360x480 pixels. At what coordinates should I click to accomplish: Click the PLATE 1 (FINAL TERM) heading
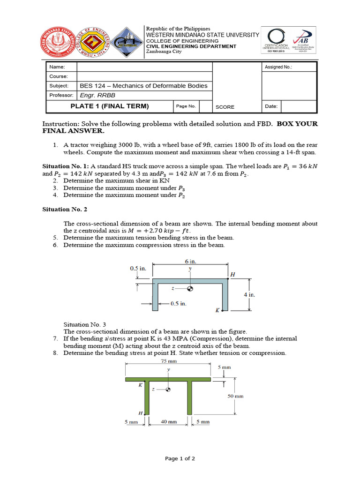(109, 106)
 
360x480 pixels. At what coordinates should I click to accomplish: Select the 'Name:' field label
(56, 67)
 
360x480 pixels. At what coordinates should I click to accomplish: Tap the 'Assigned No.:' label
(278, 67)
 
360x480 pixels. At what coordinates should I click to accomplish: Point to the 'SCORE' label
(225, 107)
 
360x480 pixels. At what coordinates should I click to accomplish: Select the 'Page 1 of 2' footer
(180, 458)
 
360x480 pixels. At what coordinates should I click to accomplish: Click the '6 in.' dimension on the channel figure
(190, 262)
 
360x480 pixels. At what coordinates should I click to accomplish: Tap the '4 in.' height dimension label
(249, 295)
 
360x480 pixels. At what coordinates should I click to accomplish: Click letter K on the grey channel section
(217, 310)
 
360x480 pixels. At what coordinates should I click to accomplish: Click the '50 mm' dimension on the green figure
(236, 396)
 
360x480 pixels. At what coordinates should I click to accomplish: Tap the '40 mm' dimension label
(169, 422)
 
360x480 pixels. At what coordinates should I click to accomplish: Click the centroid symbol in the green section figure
(168, 390)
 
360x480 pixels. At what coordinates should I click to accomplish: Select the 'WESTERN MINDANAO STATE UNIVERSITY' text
(202, 35)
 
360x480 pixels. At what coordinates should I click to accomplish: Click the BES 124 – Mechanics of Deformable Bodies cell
(143, 86)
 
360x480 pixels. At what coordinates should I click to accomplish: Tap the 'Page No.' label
(186, 106)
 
